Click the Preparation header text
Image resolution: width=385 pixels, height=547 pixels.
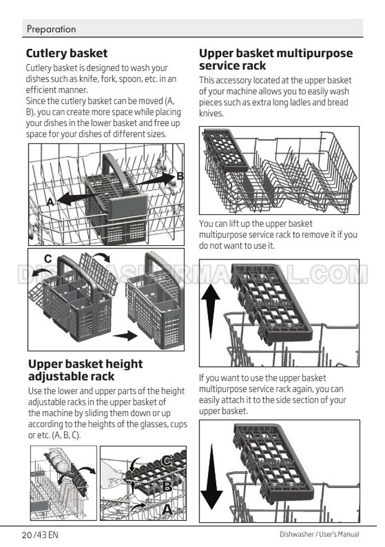coord(51,29)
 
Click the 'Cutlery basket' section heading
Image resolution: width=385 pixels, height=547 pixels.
coord(66,53)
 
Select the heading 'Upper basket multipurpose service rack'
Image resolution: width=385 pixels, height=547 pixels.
coord(276,60)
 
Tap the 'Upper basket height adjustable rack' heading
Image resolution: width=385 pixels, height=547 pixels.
coord(85,370)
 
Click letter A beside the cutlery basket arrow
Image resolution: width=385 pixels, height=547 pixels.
coord(50,201)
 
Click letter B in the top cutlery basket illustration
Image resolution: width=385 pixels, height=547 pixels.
coord(179,176)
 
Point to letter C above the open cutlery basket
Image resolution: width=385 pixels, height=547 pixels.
coord(48,258)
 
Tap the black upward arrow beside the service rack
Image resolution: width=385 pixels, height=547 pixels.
coord(211,311)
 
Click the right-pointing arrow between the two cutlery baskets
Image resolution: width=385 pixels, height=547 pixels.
coord(125,336)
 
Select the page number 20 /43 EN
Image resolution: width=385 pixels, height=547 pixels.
coord(40,535)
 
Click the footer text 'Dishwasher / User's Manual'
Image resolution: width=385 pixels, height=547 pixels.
coord(319,534)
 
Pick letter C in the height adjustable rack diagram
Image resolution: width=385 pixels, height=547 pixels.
coord(167,461)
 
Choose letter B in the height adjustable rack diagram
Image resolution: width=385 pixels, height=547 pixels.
coord(167,486)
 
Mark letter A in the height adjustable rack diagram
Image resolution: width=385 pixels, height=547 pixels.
coord(168,510)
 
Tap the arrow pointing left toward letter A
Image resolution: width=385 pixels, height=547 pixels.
coord(79,198)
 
